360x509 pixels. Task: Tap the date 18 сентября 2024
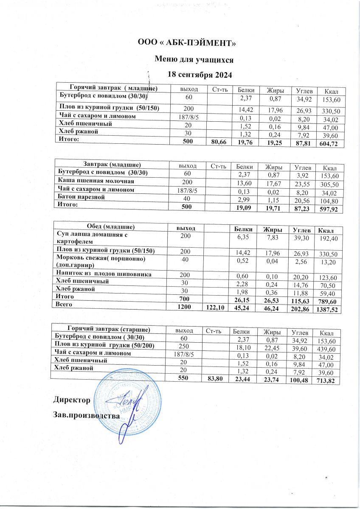point(200,75)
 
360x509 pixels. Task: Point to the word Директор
point(72,400)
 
